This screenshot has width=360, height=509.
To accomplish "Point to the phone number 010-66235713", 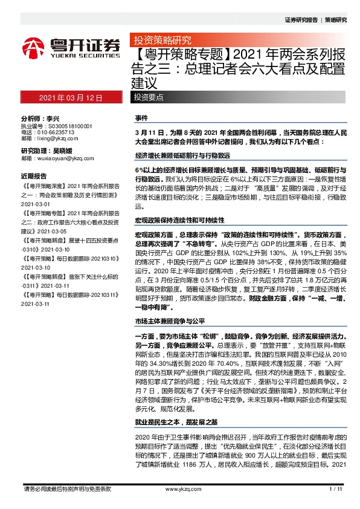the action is [x=53, y=132].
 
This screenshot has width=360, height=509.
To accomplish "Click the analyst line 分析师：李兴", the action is [x=43, y=119].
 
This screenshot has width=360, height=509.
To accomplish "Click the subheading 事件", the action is [x=141, y=116].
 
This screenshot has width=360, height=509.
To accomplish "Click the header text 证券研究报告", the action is [x=300, y=20].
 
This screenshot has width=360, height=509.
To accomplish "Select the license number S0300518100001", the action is [x=65, y=126].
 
